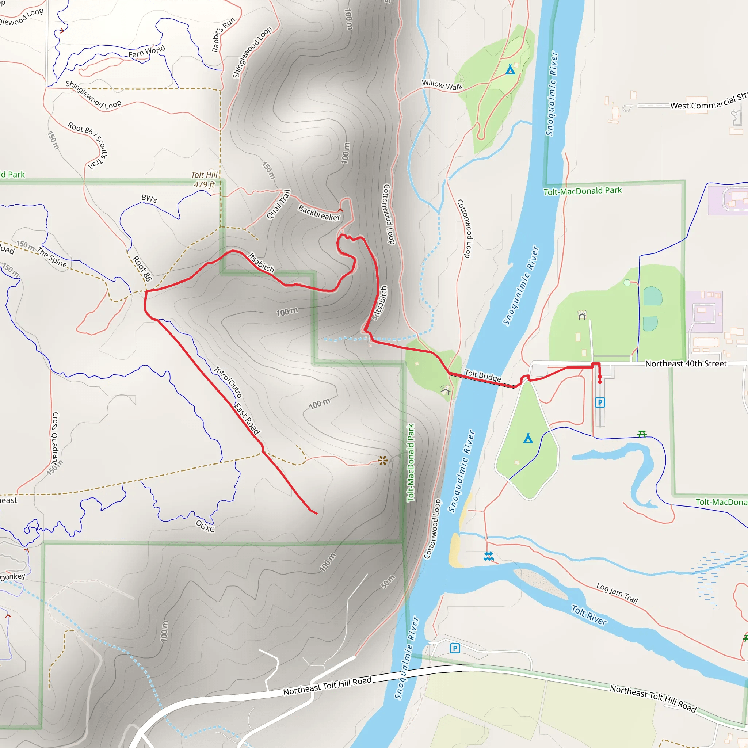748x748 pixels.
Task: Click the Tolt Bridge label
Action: [482, 375]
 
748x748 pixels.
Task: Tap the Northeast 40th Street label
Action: [686, 363]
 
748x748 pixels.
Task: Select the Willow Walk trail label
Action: [442, 85]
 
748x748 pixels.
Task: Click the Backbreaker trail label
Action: [319, 213]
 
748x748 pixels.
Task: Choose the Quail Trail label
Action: [278, 205]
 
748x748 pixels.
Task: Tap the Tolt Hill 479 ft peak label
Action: [204, 180]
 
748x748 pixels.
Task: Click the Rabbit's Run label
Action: [223, 35]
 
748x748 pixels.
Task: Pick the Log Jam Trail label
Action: [617, 593]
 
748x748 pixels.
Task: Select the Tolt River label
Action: [589, 615]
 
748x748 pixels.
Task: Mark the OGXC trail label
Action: [205, 526]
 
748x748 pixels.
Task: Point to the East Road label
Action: [247, 419]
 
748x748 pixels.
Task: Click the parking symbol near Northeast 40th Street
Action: [600, 402]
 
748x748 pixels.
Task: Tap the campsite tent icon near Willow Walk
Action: [510, 69]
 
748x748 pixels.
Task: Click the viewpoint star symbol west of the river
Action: [382, 460]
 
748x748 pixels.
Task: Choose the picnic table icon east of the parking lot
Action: [642, 434]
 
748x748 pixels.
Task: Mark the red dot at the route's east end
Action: [600, 382]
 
